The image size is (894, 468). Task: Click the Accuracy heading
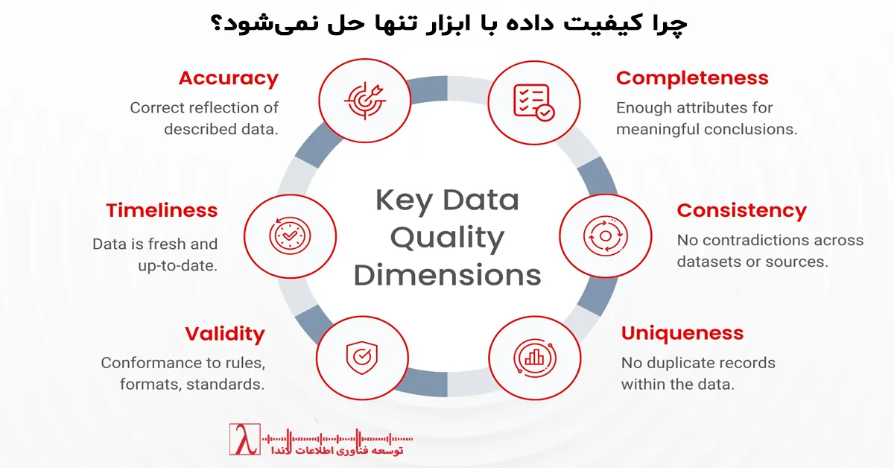coord(228,78)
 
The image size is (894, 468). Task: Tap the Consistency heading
coord(741,211)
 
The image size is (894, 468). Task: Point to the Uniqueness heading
coord(682,333)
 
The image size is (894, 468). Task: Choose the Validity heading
coord(225,333)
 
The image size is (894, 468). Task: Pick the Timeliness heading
coord(162,211)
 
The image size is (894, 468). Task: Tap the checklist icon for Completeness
coord(533,102)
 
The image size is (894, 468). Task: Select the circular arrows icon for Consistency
coord(605,235)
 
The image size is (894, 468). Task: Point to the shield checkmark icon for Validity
coord(361,357)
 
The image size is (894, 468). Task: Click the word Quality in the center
coord(448,238)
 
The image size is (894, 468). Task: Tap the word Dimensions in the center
coord(448,275)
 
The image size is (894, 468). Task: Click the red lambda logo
coord(245,440)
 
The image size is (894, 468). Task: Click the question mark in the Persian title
coord(215,25)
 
